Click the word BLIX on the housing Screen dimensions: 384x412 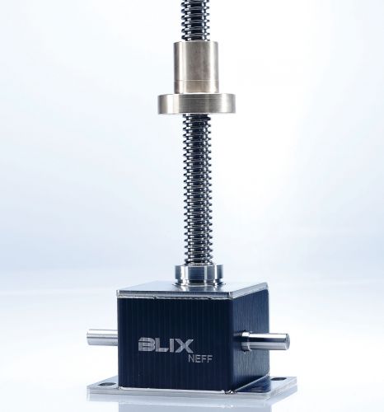[x=166, y=345]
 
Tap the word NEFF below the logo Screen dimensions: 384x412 [x=199, y=359]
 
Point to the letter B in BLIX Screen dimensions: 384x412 [x=147, y=345]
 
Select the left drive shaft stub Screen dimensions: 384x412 [x=102, y=337]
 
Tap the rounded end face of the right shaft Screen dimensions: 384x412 [x=286, y=341]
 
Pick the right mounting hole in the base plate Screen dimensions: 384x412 [x=281, y=380]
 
